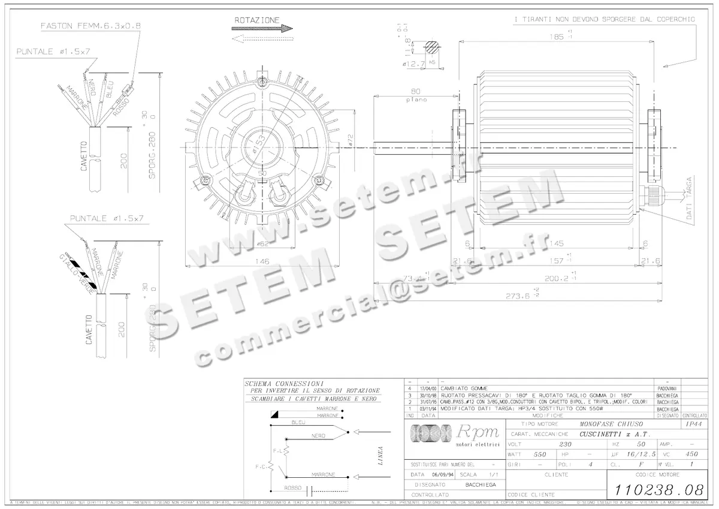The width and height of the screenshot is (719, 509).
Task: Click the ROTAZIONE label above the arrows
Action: pyautogui.click(x=257, y=20)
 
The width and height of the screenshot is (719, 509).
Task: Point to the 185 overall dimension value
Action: pyautogui.click(x=556, y=37)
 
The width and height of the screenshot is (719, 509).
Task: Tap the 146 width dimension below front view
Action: pyautogui.click(x=262, y=261)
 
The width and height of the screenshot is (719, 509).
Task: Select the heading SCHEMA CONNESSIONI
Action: pyautogui.click(x=285, y=382)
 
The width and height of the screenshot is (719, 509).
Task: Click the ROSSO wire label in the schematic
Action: pyautogui.click(x=294, y=487)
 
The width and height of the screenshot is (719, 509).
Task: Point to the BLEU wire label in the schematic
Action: pyautogui.click(x=298, y=422)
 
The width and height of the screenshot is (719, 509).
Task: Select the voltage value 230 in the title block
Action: pyautogui.click(x=565, y=444)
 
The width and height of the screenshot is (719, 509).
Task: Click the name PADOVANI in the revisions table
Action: pyautogui.click(x=667, y=389)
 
